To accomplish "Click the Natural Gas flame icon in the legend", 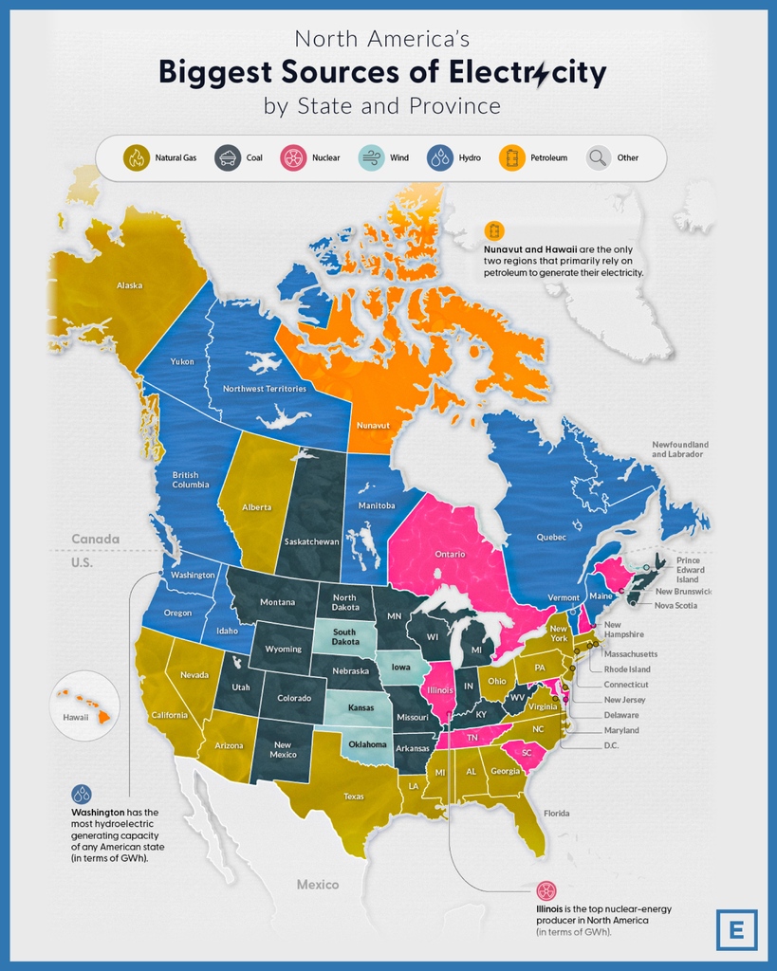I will click(x=137, y=157).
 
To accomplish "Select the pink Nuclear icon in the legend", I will click(x=293, y=157).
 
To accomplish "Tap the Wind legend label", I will click(x=399, y=158).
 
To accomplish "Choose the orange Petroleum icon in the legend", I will click(x=512, y=157).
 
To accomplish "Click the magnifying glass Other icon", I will click(x=598, y=157).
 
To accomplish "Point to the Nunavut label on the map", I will click(x=372, y=426).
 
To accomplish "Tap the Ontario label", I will click(x=449, y=554).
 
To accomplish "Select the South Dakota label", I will click(x=343, y=636).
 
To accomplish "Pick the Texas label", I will click(x=353, y=797).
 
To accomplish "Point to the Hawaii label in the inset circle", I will click(x=76, y=718).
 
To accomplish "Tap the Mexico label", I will click(x=317, y=885).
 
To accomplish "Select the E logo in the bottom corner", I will click(x=737, y=929).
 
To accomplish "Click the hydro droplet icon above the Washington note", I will click(x=82, y=794).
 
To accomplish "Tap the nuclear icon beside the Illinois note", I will click(x=546, y=890).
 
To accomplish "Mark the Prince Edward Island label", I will click(x=688, y=570).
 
